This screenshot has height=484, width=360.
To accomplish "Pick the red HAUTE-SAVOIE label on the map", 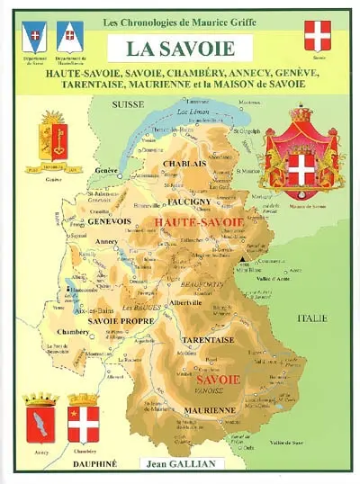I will [x=194, y=220].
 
